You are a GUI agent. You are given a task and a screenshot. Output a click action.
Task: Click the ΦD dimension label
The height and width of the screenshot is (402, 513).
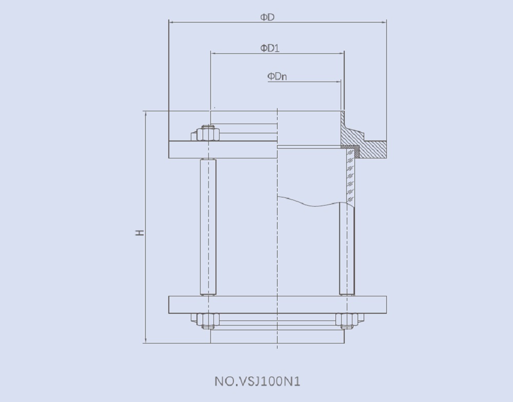coord(267,17)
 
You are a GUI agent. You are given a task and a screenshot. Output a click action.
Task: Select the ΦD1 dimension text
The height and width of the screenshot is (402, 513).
coord(269,48)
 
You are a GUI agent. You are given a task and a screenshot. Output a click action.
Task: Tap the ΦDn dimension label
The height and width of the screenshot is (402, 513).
coord(277,76)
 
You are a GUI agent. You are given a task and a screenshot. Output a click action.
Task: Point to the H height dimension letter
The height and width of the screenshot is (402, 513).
coord(140,232)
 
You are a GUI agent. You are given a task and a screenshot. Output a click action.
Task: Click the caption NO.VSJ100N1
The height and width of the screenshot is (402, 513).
coord(257,381)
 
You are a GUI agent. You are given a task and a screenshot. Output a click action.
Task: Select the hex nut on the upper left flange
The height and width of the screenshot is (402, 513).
coord(208,134)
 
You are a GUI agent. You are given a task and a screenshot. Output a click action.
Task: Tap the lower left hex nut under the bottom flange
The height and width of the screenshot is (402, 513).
coord(208,320)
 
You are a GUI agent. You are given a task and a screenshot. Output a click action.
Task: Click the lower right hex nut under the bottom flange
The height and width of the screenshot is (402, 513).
coord(347,320)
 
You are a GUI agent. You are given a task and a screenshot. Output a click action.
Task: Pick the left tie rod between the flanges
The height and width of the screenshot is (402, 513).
coord(208,227)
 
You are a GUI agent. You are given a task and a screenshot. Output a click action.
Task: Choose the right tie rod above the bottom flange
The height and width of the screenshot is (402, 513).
coord(347,249)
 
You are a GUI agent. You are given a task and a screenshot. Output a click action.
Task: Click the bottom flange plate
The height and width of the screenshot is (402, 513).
coord(277,305)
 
